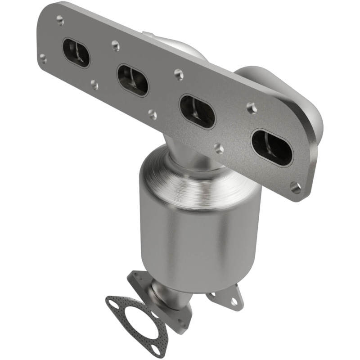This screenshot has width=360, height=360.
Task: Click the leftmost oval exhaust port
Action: [x=76, y=53]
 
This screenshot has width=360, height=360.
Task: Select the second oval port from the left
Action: [x=133, y=80]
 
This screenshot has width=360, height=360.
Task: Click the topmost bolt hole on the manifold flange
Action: [x=60, y=19]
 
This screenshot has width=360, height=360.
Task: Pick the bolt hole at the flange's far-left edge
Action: [x=43, y=58]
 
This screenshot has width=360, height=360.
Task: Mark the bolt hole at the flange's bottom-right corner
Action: [x=296, y=188]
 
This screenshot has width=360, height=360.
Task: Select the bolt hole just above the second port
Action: [x=116, y=45]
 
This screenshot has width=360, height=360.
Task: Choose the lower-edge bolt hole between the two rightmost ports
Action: [x=219, y=148]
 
